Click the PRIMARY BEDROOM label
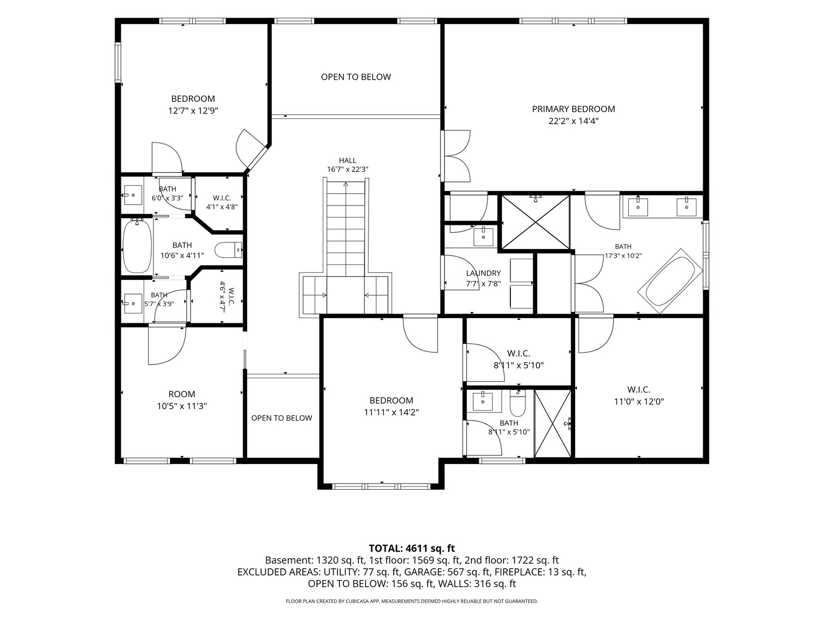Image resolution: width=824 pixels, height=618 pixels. tap(573, 109)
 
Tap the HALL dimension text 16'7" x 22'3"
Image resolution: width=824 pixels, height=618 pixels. tap(347, 169)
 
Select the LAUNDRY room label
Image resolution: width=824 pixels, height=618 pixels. tap(484, 273)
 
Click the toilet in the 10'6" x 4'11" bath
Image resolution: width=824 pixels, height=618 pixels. tap(229, 250)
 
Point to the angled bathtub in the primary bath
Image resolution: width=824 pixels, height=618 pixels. tap(671, 280)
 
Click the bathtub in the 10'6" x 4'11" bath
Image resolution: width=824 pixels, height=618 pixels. tap(137, 246)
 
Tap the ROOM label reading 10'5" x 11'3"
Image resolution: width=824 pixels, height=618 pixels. tap(182, 394)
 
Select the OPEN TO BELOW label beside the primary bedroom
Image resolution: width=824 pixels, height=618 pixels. tap(356, 77)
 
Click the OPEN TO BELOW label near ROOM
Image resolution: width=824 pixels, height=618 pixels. tap(282, 418)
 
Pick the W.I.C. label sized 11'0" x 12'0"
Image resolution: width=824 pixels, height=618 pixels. tap(639, 390)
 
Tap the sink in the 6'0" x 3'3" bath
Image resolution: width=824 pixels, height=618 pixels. tap(133, 195)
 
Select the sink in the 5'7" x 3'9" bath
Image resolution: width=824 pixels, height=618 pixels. tap(133, 303)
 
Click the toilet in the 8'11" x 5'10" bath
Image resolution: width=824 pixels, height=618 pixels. tap(518, 403)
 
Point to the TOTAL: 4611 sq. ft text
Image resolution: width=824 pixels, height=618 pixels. tap(412, 549)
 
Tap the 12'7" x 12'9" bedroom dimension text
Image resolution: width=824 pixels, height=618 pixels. tap(193, 110)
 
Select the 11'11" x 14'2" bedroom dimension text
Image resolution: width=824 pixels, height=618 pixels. tap(391, 413)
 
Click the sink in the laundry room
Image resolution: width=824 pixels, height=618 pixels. tap(484, 236)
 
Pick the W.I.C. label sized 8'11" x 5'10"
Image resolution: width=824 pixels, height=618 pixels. tap(519, 354)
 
